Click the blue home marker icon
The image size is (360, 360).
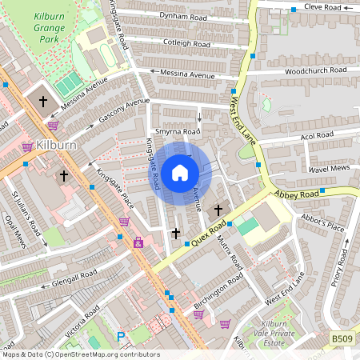point(180,172)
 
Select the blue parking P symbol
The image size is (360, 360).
point(122,338)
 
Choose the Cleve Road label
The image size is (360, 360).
point(326,7)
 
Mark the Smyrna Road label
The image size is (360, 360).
point(177,131)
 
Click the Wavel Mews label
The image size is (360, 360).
point(307,169)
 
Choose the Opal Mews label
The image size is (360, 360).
point(15,231)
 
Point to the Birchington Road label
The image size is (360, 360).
point(218,293)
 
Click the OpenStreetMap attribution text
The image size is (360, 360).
point(80,354)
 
